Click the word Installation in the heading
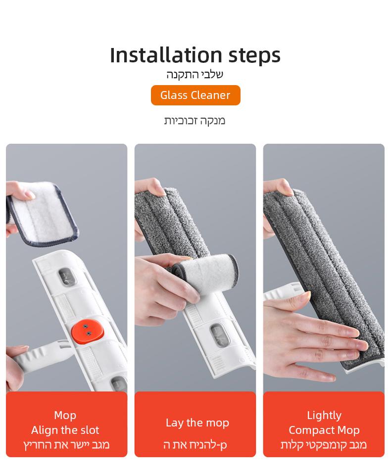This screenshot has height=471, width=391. (166, 55)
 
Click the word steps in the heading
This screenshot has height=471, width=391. (254, 56)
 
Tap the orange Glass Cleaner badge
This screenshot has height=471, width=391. (195, 95)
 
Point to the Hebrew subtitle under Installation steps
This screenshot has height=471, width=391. (195, 74)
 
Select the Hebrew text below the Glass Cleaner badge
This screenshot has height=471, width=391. (195, 120)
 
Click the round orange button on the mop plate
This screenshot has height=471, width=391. (87, 330)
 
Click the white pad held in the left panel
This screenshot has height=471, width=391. (42, 213)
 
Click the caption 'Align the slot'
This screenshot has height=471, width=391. (65, 430)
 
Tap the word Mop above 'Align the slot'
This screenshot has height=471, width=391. (65, 416)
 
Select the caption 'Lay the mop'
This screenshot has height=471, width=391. (197, 423)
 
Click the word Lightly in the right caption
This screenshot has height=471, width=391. (324, 416)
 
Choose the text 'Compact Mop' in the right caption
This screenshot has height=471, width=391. (324, 430)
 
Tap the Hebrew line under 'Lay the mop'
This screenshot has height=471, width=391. (195, 445)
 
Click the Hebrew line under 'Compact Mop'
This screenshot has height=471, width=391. (324, 445)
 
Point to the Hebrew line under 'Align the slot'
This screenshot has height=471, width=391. (66, 445)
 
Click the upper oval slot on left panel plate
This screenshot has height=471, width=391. (66, 278)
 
